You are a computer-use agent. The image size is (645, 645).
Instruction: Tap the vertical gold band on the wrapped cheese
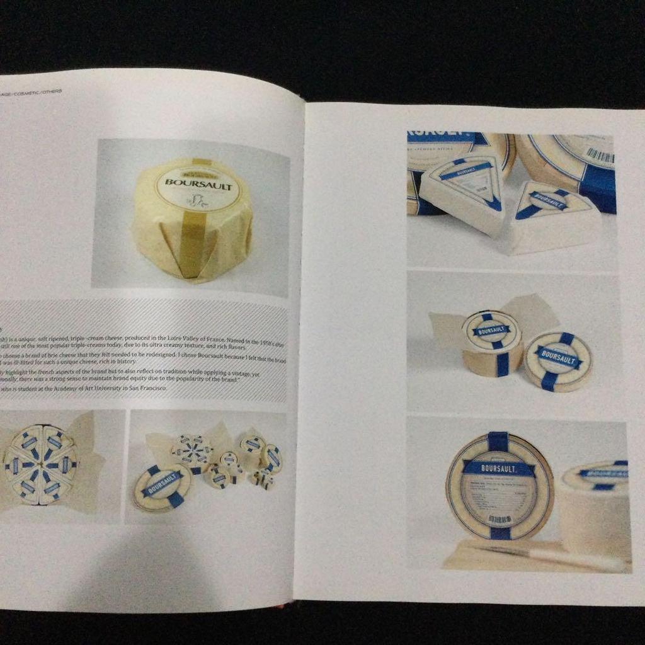click(x=193, y=246)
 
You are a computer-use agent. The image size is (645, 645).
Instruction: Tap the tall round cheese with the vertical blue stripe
click(x=491, y=343)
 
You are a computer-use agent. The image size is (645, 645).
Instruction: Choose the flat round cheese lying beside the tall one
click(x=557, y=361)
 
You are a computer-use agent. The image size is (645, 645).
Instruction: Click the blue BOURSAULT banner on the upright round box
click(x=499, y=468)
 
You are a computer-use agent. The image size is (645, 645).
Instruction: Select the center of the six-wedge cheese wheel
click(x=40, y=465)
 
